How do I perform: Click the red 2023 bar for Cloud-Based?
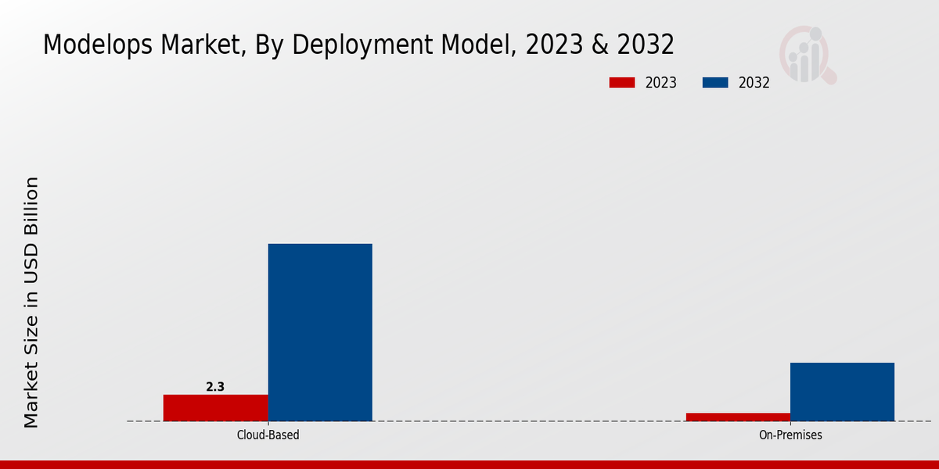[215, 407]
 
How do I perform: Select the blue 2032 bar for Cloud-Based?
[320, 332]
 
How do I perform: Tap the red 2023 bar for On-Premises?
[738, 417]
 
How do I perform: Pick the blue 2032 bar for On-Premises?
[842, 392]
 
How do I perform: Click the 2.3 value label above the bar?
[215, 386]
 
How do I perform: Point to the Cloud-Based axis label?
[268, 435]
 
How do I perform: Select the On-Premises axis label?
[790, 435]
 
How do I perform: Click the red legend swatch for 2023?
[621, 83]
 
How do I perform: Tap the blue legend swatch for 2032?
[715, 83]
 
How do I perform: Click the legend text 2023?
[661, 83]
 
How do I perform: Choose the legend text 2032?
[754, 83]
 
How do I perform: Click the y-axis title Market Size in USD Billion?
[31, 303]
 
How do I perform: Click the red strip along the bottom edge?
[469, 464]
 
